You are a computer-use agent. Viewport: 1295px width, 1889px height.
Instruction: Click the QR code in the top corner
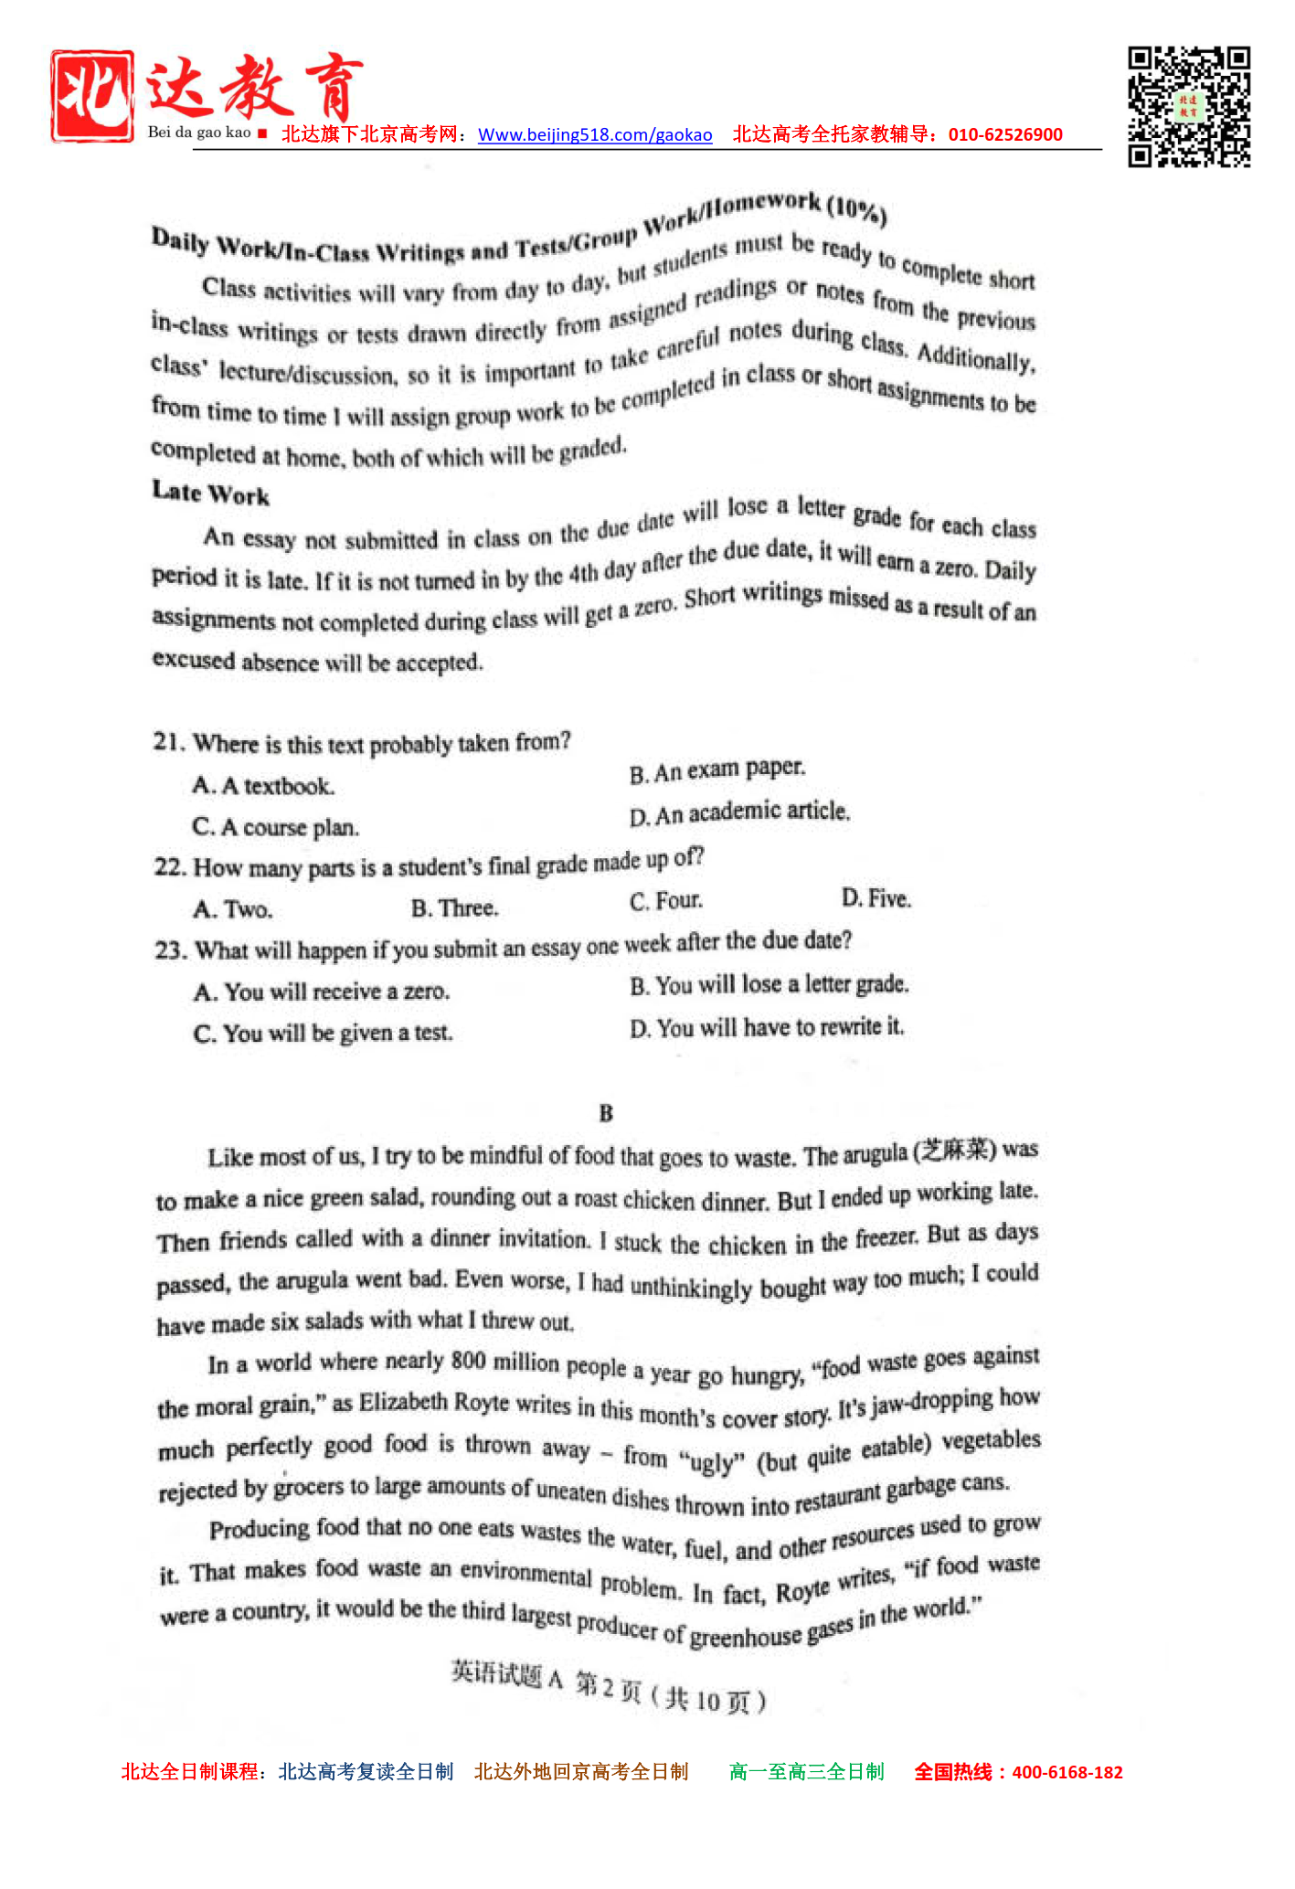click(x=1188, y=107)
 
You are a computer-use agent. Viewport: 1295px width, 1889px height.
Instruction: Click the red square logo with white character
click(x=91, y=97)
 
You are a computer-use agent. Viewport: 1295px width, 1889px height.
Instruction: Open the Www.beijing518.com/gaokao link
click(x=595, y=135)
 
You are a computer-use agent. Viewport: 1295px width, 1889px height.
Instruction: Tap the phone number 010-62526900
click(x=1005, y=134)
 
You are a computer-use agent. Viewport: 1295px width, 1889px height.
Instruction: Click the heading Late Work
click(x=210, y=493)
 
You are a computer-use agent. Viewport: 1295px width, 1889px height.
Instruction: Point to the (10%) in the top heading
click(x=856, y=210)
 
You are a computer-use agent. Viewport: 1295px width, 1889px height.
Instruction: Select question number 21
click(x=169, y=741)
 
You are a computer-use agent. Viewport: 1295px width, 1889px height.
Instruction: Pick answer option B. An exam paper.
click(x=717, y=770)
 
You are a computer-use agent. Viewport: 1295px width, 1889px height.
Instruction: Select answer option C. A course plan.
click(x=275, y=827)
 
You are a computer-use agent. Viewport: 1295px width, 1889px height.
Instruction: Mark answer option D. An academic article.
click(x=739, y=812)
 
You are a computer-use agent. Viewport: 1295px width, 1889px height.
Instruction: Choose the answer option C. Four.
click(x=665, y=901)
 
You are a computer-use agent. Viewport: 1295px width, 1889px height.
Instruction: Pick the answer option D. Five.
click(x=876, y=898)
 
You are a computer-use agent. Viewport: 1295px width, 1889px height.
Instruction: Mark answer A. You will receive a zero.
click(x=321, y=992)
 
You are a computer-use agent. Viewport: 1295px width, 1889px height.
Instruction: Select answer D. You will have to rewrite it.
click(x=766, y=1028)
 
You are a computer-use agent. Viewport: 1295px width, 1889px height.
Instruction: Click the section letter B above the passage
click(x=606, y=1113)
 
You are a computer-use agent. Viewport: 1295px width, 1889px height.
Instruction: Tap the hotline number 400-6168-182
click(x=1067, y=1772)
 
